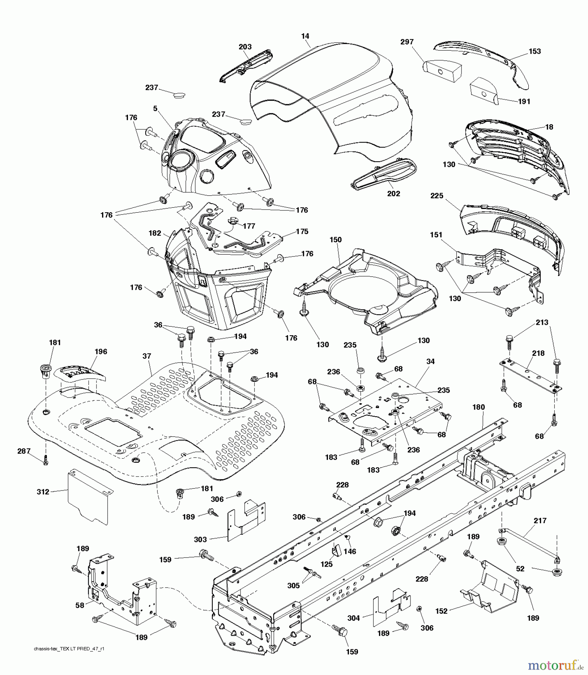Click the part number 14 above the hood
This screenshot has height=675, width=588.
tap(305, 36)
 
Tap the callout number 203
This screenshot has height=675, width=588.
tap(245, 47)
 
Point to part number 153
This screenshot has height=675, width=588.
tap(535, 51)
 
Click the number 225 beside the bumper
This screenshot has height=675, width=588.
tap(437, 196)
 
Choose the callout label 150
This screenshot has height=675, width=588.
tap(336, 240)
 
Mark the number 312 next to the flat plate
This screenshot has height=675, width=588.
tap(43, 492)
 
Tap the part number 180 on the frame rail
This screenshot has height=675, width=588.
tap(478, 407)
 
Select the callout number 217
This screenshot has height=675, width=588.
tap(540, 520)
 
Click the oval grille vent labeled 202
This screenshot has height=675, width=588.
tap(383, 173)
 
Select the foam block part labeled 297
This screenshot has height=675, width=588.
tap(443, 70)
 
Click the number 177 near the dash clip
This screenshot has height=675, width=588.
tap(249, 226)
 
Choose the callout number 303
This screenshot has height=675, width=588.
tap(200, 539)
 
